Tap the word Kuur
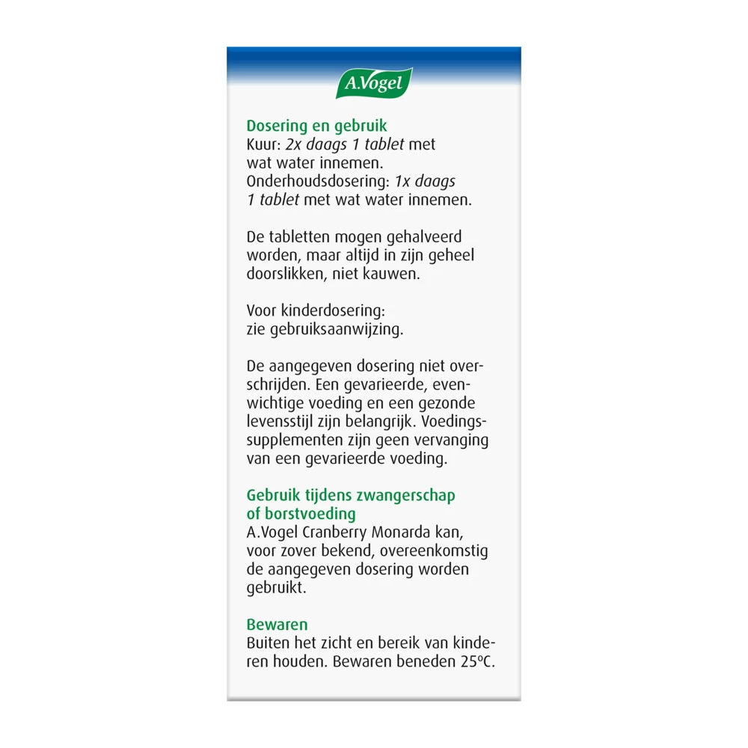263,144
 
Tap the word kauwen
394,274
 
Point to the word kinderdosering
330,311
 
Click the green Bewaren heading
277,625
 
